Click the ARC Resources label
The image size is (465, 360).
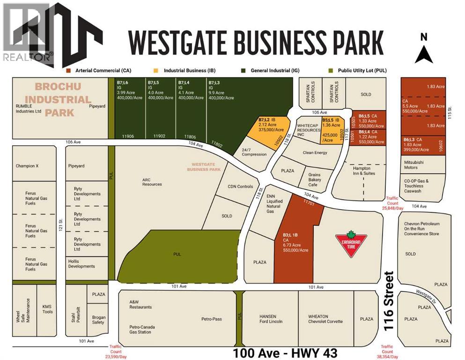(x=152, y=181)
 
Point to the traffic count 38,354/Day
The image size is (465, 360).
(x=387, y=352)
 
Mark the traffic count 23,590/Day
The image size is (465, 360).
(x=116, y=352)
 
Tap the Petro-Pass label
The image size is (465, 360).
(x=211, y=319)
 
